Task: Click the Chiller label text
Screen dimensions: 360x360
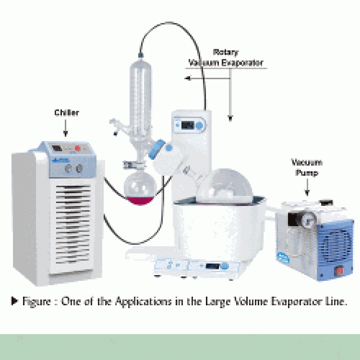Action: point(67,113)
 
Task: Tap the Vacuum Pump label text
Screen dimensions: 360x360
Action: point(307,168)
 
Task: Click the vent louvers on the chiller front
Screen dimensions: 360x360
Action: point(72,227)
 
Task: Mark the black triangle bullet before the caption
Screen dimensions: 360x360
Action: point(15,301)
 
